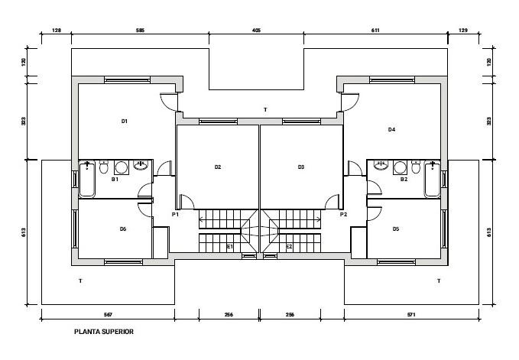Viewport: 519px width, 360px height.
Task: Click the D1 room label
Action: pos(124,122)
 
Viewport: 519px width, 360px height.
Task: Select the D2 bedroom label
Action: pos(218,167)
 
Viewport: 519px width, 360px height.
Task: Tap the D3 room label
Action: pos(301,167)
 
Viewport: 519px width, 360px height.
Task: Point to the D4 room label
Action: pos(391,130)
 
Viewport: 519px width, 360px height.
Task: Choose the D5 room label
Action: pos(396,229)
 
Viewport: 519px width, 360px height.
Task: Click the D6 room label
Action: pos(123,229)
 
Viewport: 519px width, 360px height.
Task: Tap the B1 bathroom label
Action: pos(115,180)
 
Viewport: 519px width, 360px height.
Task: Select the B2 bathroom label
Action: pos(404,180)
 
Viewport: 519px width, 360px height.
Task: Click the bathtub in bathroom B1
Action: pos(87,179)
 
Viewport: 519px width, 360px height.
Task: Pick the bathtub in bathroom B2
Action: pos(433,179)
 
